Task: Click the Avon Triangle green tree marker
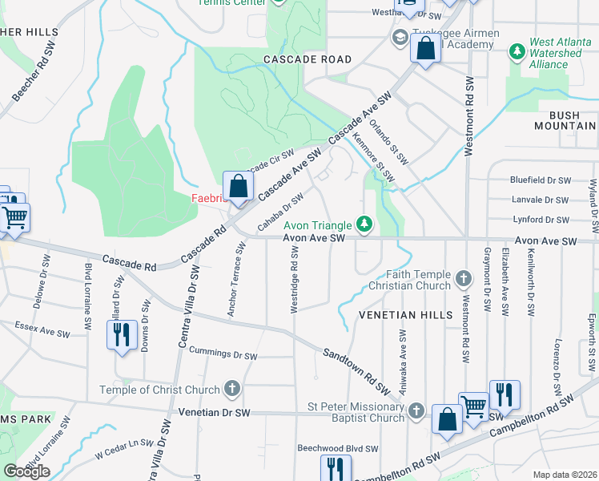(364, 223)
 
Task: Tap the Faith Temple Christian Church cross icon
(462, 279)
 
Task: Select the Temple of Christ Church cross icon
(231, 390)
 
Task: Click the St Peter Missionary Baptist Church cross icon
(415, 411)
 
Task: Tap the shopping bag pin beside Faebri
(239, 187)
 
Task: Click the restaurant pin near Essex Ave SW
(121, 334)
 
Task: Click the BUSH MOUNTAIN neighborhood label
(565, 121)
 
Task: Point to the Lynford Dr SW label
(540, 220)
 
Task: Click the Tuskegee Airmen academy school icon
(399, 37)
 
